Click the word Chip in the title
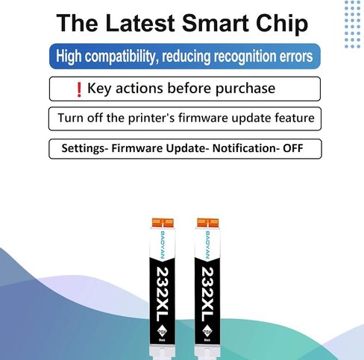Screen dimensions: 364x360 point(282,24)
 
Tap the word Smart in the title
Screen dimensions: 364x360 point(216,23)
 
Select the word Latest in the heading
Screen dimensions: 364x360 point(140,23)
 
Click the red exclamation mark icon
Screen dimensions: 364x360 point(79,89)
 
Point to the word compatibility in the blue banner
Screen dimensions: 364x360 point(122,57)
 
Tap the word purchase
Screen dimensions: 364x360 point(245,89)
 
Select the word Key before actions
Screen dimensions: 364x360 point(99,89)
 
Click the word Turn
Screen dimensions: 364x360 point(70,118)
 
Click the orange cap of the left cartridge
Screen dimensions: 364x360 point(163,222)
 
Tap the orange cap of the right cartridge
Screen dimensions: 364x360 point(208,222)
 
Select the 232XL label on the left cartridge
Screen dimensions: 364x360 point(162,294)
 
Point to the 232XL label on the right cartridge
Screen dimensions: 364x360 point(207,294)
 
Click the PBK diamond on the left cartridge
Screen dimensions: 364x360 point(163,332)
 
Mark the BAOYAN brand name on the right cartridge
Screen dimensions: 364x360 point(208,245)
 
